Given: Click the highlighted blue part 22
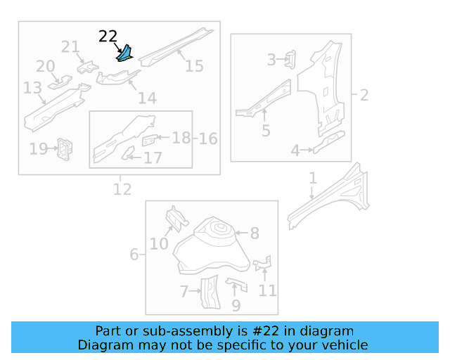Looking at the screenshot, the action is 126,54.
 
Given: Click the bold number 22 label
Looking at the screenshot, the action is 108,37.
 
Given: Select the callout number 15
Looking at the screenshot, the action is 194,66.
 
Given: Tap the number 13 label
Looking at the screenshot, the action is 32,89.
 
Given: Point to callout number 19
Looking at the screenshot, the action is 38,148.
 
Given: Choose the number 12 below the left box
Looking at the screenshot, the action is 122,188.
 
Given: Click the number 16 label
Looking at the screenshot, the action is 207,138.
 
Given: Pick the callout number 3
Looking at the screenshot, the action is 271,60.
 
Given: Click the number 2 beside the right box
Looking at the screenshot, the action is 364,95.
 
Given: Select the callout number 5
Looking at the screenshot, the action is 265,131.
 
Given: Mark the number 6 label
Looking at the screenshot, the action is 134,255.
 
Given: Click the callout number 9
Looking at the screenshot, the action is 236,306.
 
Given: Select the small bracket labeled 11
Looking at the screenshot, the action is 262,264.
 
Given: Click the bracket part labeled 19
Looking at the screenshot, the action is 64,148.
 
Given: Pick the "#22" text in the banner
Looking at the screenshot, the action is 253,330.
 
